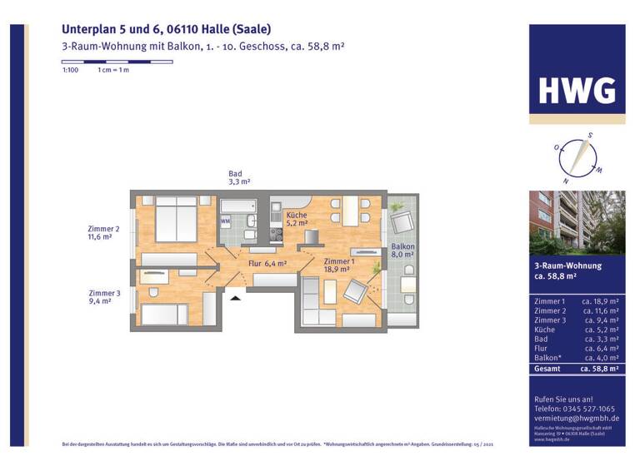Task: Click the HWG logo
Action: [x=577, y=90]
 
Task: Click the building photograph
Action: [x=577, y=222]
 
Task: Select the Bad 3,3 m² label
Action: [x=240, y=177]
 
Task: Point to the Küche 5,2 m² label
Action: [x=297, y=219]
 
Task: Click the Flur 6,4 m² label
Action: [x=267, y=264]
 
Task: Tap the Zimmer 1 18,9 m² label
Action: [x=339, y=265]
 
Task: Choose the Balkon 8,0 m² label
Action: [x=402, y=250]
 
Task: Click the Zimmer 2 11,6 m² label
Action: [x=104, y=233]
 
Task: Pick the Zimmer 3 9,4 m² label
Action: [x=105, y=297]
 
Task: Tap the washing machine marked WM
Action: [x=226, y=222]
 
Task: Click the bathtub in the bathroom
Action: [x=241, y=205]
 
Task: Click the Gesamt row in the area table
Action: [x=577, y=368]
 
